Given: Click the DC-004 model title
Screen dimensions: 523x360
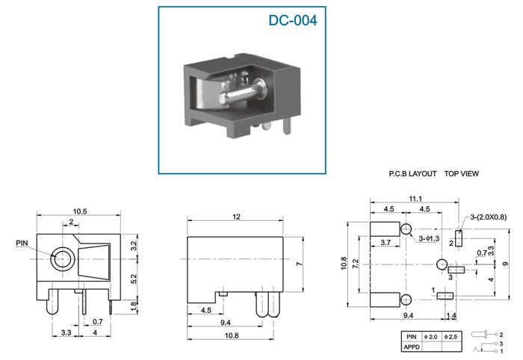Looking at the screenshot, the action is [293, 20].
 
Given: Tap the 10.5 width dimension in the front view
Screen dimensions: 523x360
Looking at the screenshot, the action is [80, 211].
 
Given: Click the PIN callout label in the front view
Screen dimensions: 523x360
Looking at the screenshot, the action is [22, 243].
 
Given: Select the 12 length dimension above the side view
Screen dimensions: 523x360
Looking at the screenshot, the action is [236, 217].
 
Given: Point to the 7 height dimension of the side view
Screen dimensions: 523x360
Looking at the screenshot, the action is [299, 264].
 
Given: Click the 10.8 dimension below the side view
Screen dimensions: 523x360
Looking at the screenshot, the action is [232, 335].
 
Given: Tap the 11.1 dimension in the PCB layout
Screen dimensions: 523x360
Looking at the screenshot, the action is [415, 199].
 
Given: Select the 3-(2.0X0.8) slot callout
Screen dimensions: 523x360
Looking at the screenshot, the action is [489, 217].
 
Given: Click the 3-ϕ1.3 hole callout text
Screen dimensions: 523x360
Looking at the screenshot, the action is [429, 239].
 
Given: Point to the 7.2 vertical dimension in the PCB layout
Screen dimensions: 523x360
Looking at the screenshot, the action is [355, 264].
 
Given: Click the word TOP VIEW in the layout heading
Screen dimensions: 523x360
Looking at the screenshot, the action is [461, 174].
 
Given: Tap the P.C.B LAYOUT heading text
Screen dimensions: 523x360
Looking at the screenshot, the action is [412, 174].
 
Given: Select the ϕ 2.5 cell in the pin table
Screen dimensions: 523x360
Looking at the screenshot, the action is [451, 337].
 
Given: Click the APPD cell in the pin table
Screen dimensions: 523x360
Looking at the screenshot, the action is [412, 347].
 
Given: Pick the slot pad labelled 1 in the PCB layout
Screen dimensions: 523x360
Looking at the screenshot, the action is [445, 296].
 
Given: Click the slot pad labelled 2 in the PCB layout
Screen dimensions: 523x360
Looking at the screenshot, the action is [459, 238].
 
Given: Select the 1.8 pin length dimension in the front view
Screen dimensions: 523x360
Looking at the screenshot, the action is [134, 306].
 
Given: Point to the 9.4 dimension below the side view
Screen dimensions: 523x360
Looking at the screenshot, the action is [226, 323].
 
